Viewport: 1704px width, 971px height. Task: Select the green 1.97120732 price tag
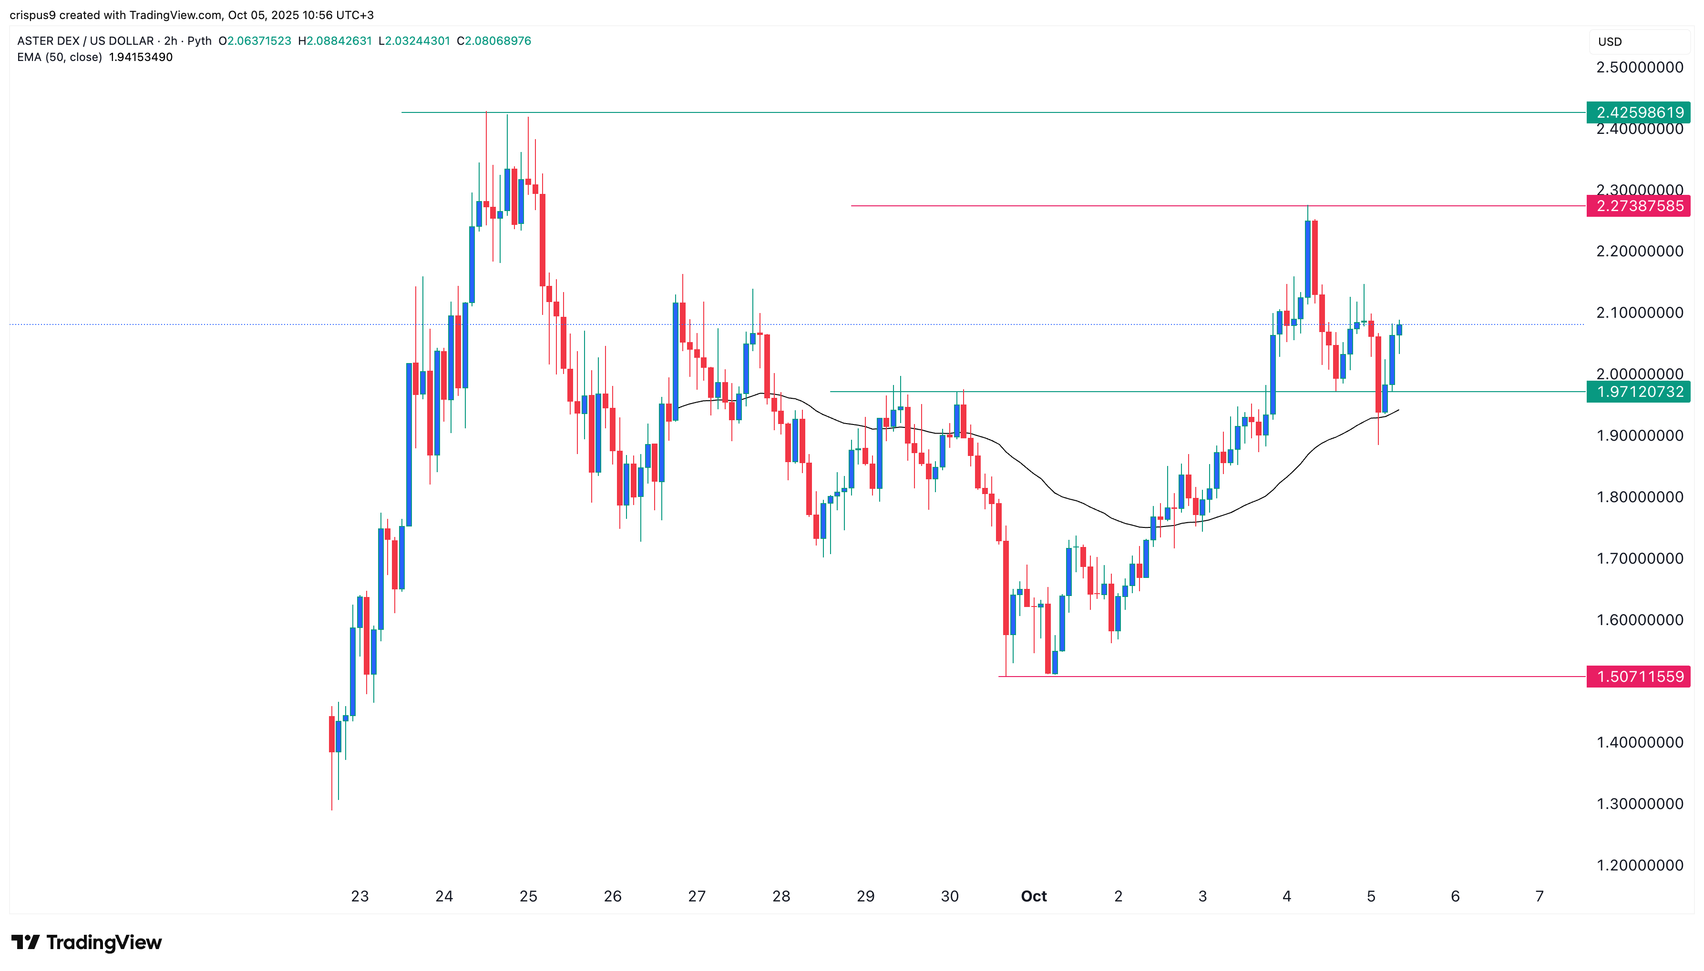[x=1639, y=392]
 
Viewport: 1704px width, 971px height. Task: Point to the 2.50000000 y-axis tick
[x=1639, y=67]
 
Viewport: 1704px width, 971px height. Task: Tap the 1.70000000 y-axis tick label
[x=1639, y=558]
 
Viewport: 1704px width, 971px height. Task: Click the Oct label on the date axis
[x=1034, y=896]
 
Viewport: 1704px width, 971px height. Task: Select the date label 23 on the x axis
[x=359, y=896]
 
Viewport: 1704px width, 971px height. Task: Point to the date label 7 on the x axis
[x=1539, y=896]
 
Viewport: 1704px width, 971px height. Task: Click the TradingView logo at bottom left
[x=87, y=942]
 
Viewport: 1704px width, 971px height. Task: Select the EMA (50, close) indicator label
[x=60, y=57]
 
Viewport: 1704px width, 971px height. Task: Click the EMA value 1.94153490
[x=141, y=57]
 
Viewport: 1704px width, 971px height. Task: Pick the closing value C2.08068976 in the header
[x=494, y=40]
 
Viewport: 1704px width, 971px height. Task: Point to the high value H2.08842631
[x=335, y=40]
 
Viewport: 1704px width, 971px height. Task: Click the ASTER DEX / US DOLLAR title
[x=85, y=40]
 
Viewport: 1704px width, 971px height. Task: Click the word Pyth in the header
[x=199, y=40]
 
